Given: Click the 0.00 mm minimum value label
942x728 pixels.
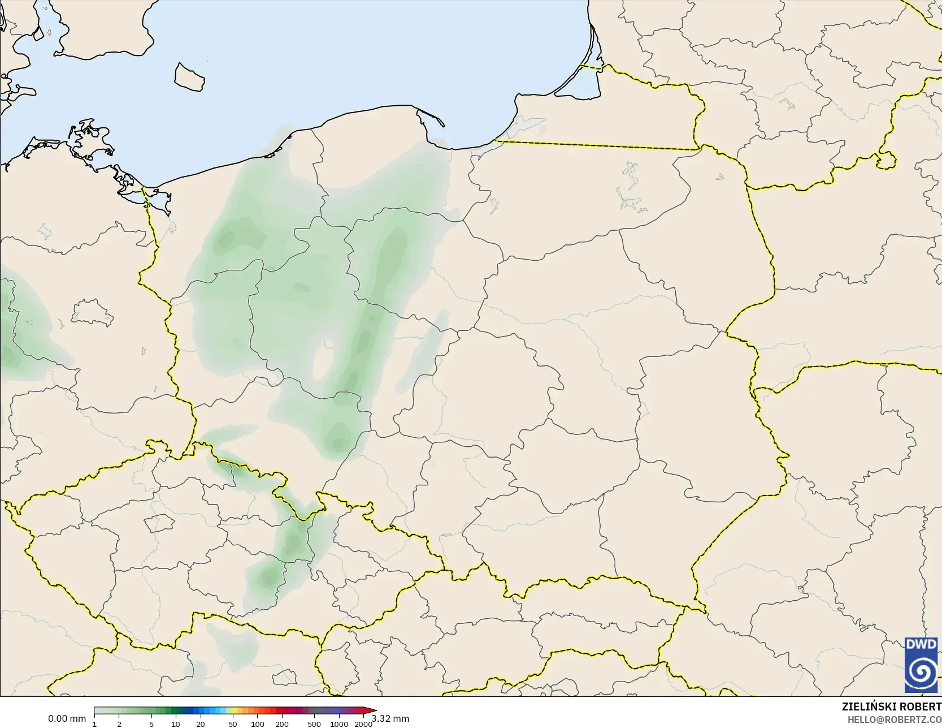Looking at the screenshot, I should pyautogui.click(x=67, y=718).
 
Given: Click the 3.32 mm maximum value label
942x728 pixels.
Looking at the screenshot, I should pyautogui.click(x=390, y=718).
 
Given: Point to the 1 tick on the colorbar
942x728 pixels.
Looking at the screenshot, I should pyautogui.click(x=94, y=724).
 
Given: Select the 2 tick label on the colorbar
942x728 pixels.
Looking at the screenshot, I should pyautogui.click(x=119, y=724).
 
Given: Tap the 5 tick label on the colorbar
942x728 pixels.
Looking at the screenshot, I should pyautogui.click(x=151, y=724).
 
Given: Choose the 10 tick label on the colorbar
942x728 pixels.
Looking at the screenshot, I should pyautogui.click(x=176, y=724).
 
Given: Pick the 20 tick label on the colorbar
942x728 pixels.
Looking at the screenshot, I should pyautogui.click(x=201, y=724).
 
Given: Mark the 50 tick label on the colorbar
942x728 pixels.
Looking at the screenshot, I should pyautogui.click(x=233, y=724).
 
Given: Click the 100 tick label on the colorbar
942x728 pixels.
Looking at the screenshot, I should pyautogui.click(x=258, y=724).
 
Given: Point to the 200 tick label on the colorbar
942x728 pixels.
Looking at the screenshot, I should pyautogui.click(x=282, y=724).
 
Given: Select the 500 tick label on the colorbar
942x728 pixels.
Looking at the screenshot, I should pyautogui.click(x=314, y=724).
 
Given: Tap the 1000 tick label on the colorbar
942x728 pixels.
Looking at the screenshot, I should pyautogui.click(x=339, y=724).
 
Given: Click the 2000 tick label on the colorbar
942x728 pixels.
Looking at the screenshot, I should pyautogui.click(x=363, y=724).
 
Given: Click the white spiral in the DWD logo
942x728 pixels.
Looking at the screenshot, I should pyautogui.click(x=922, y=672).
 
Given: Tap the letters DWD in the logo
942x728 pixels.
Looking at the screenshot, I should pyautogui.click(x=922, y=645).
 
